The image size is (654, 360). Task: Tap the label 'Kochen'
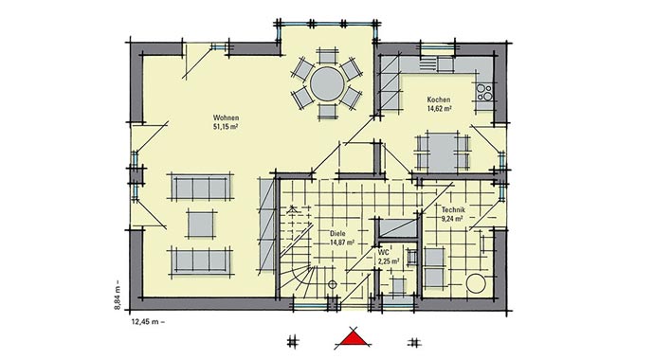pyautogui.click(x=438, y=100)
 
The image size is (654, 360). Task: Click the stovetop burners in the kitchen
pyautogui.click(x=484, y=93)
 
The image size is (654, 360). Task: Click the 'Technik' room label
pyautogui.click(x=451, y=208)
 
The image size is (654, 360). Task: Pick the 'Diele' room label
pyautogui.click(x=337, y=233)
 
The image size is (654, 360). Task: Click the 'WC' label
pyautogui.click(x=384, y=253)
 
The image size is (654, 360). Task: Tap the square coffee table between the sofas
pyautogui.click(x=201, y=223)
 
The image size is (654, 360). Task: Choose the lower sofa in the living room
pyautogui.click(x=200, y=259)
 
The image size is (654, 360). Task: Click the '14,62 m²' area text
pyautogui.click(x=438, y=110)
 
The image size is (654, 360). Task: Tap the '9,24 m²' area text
pyautogui.click(x=451, y=218)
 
